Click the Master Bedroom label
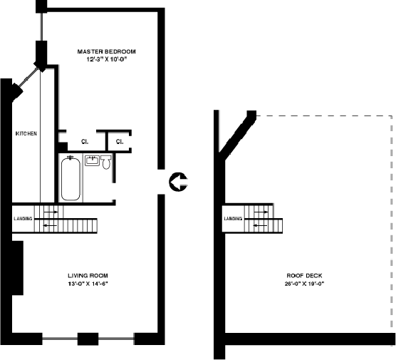coord(106,51)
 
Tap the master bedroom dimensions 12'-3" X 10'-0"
coord(106,60)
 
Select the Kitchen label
coord(26,133)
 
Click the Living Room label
coord(88,276)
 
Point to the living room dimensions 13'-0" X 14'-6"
coord(88,284)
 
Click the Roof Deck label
coord(304,276)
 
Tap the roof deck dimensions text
coord(304,284)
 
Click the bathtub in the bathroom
coord(71,178)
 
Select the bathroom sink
coord(92,161)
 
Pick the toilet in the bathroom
coord(106,163)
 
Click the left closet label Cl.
coord(85,142)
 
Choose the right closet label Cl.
coord(120,142)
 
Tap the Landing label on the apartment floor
coord(23,218)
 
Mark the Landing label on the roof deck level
coord(233,218)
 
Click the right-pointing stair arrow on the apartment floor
coord(51,212)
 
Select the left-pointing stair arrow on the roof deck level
coord(260,225)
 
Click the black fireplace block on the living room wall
coord(18,268)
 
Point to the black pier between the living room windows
coord(88,339)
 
